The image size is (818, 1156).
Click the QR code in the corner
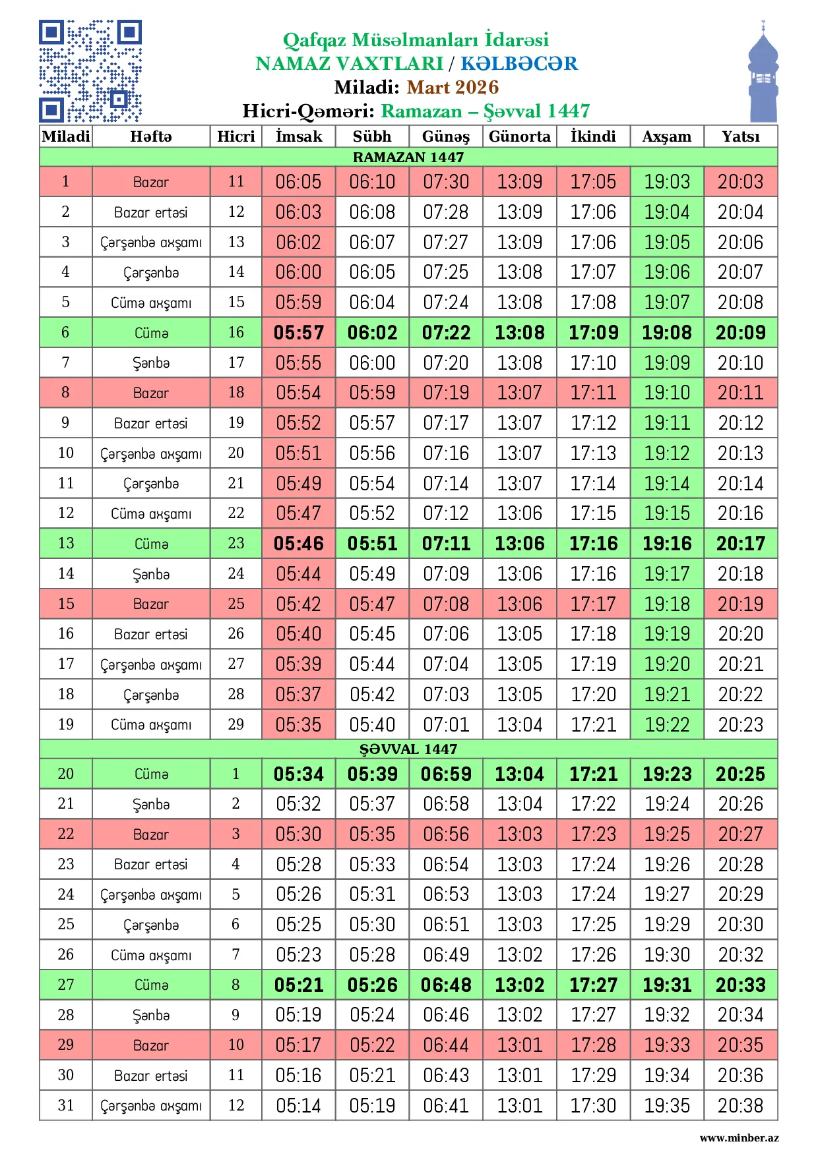pos(90,71)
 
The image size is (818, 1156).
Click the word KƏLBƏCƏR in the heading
pos(519,63)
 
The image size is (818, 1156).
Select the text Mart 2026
pos(453,87)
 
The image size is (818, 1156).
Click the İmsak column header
pos(299,136)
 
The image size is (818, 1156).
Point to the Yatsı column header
pos(740,136)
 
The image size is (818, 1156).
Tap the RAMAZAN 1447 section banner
pos(408,157)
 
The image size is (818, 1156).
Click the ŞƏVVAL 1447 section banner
pos(408,749)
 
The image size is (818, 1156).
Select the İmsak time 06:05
pos(299,181)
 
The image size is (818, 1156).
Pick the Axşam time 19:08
pos(667,332)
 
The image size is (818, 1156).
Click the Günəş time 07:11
pos(446,543)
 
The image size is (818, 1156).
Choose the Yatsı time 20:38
pos(740,1105)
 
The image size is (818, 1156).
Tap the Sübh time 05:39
pos(372,774)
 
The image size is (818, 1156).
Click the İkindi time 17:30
pos(593,1105)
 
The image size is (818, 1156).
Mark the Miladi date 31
pos(65,1105)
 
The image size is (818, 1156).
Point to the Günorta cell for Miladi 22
pos(519,834)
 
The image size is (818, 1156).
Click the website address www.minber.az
pos(739,1138)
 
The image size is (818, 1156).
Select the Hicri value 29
pos(236,724)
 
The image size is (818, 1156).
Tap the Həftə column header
pos(150,136)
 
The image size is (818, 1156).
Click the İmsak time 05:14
pos(299,1105)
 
